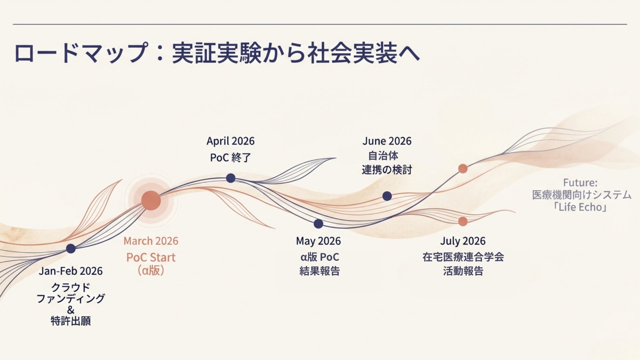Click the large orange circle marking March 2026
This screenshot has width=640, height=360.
151,201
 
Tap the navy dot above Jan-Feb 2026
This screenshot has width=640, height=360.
71,248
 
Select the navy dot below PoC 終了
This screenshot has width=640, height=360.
231,178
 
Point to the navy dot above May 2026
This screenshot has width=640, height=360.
318,224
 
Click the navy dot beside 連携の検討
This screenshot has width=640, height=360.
387,196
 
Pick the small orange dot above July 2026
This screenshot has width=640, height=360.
463,221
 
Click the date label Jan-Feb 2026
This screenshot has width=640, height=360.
71,271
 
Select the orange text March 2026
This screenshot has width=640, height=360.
151,241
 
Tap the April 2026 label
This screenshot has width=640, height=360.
230,141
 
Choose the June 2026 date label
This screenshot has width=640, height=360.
387,141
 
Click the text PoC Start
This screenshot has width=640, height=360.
151,257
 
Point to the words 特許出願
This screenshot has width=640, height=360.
71,321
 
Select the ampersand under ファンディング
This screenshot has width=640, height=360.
71,310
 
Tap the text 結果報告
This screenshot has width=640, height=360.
319,271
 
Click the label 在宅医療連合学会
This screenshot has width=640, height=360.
463,257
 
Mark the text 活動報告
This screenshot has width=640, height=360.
463,271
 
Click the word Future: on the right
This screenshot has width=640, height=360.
580,183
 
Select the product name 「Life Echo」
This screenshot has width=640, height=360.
580,207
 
